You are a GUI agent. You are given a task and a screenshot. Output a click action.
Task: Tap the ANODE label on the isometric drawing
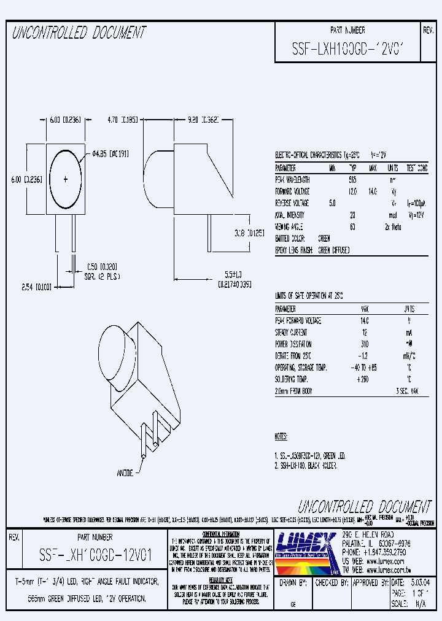click(x=125, y=474)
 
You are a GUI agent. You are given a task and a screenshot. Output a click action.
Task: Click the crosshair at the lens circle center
click(x=66, y=179)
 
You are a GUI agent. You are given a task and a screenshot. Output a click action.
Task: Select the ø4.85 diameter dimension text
click(x=109, y=154)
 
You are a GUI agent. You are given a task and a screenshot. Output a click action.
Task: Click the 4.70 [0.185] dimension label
click(x=124, y=121)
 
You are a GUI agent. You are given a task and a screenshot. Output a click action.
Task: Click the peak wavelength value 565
click(x=353, y=180)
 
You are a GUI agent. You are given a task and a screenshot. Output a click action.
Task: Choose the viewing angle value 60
click(x=353, y=226)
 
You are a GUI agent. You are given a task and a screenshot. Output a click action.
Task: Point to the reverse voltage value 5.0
click(x=332, y=203)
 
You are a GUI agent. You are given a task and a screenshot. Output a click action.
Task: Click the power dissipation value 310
click(x=365, y=344)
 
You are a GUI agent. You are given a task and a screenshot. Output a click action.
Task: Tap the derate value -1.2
click(x=365, y=356)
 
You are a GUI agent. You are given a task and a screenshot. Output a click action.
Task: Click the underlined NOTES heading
click(x=281, y=436)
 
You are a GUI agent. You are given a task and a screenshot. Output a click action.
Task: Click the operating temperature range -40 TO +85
click(x=363, y=368)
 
